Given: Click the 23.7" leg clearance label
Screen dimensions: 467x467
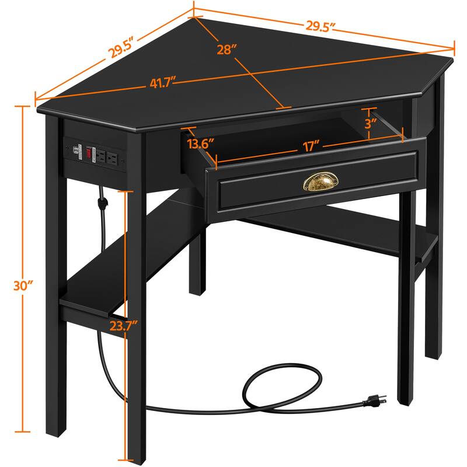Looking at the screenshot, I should [124, 325].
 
